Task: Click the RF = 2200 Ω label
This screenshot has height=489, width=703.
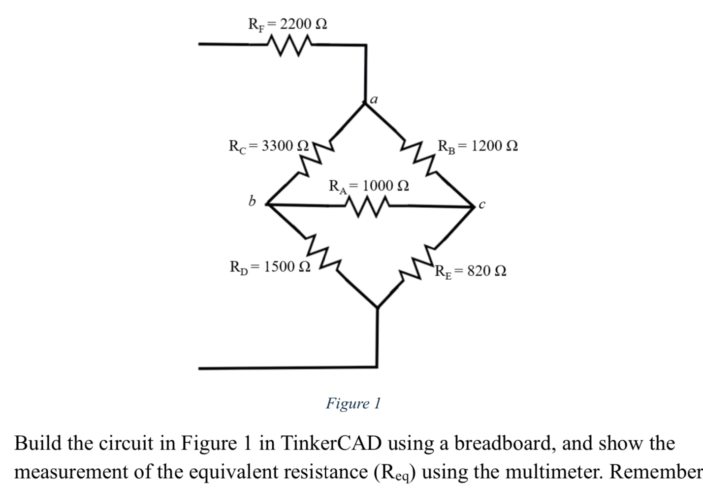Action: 288,24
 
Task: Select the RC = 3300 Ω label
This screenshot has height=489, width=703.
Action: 269,146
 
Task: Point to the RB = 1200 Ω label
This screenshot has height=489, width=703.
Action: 477,146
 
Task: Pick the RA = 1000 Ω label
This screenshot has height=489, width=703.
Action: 369,186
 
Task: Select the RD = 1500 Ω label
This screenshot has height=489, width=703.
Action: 270,267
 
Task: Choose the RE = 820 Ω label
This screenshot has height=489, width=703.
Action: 471,271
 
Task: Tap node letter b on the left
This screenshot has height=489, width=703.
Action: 252,201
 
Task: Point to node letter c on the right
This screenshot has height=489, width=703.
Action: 482,205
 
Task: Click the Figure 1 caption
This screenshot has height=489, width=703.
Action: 353,403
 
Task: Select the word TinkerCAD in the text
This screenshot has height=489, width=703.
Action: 331,443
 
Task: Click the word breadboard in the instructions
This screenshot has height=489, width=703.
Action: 505,443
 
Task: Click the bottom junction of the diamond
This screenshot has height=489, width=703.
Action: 377,307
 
